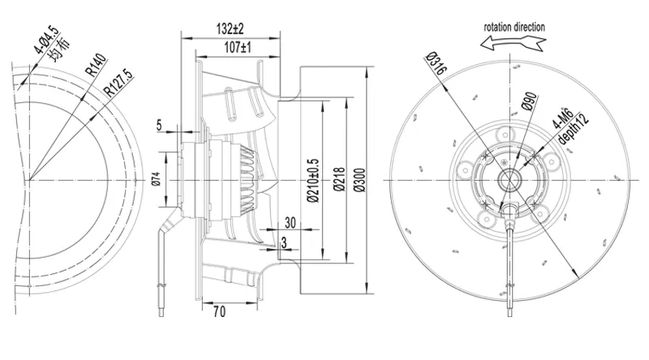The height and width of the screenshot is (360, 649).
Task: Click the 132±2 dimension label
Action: click(x=230, y=29)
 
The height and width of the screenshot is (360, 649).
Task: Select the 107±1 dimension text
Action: click(x=238, y=48)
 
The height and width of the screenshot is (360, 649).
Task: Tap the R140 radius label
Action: click(x=96, y=66)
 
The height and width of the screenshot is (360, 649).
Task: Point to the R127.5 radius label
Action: click(x=118, y=83)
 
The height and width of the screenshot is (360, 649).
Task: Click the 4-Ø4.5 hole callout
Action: click(x=47, y=40)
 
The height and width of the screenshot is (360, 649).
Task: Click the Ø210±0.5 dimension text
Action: click(x=313, y=181)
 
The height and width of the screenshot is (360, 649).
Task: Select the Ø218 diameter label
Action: click(x=339, y=179)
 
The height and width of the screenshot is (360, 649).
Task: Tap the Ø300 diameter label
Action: click(x=359, y=180)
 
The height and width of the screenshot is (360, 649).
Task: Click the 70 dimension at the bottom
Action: click(x=220, y=311)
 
